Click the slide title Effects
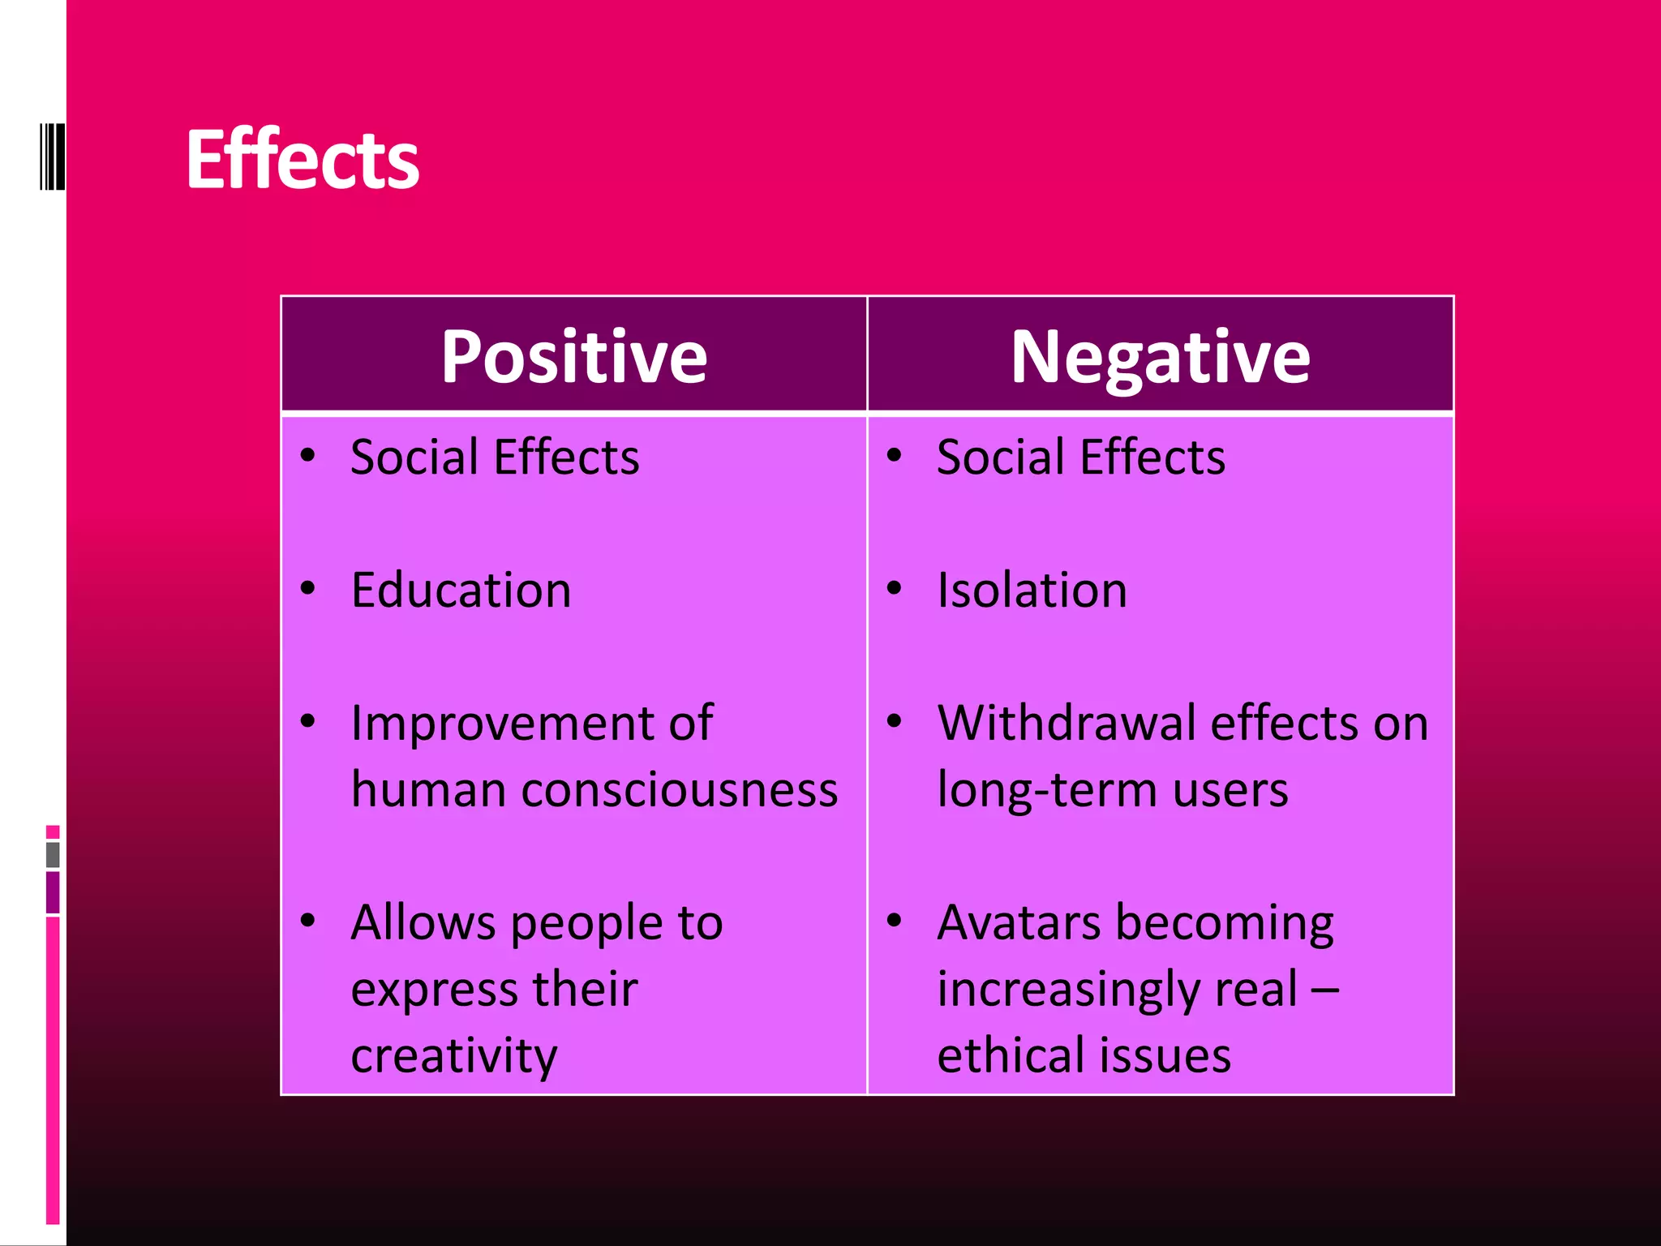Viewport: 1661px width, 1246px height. pos(303,160)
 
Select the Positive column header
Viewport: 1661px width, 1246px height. pos(574,357)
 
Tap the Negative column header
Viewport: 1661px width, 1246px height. pos(1160,357)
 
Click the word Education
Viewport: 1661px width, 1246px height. pos(461,590)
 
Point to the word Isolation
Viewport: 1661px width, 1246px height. pos(1032,590)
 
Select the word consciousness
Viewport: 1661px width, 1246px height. pos(679,789)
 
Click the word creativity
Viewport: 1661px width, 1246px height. pos(454,1055)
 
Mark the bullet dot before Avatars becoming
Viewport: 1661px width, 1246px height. pos(894,921)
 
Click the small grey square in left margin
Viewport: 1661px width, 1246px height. pos(53,854)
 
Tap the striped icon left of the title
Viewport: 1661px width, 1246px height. pos(52,157)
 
